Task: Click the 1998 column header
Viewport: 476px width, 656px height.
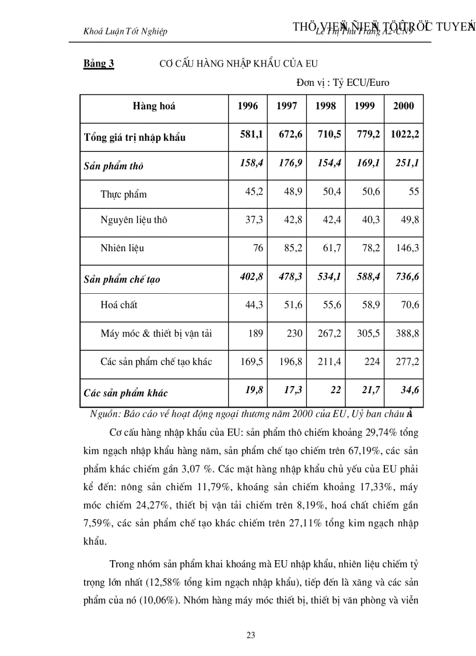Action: (x=325, y=106)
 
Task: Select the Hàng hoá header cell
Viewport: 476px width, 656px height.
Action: (x=154, y=106)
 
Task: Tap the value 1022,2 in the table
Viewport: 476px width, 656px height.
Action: (x=404, y=134)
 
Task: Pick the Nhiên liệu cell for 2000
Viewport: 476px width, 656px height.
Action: (x=408, y=248)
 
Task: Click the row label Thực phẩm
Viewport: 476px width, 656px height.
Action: (x=124, y=195)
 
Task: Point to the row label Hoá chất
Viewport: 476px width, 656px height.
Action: (x=119, y=305)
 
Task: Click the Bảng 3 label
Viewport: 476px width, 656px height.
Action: (x=99, y=64)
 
